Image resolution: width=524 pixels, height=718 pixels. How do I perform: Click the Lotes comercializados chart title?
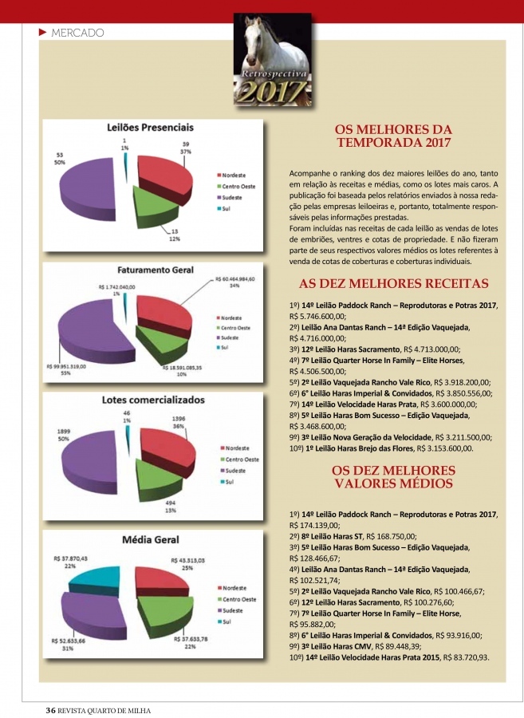pos(152,400)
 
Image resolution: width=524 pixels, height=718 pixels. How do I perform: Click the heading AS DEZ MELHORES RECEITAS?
pos(393,284)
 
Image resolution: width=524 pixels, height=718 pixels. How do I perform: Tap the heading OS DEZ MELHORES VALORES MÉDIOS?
pos(392,476)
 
